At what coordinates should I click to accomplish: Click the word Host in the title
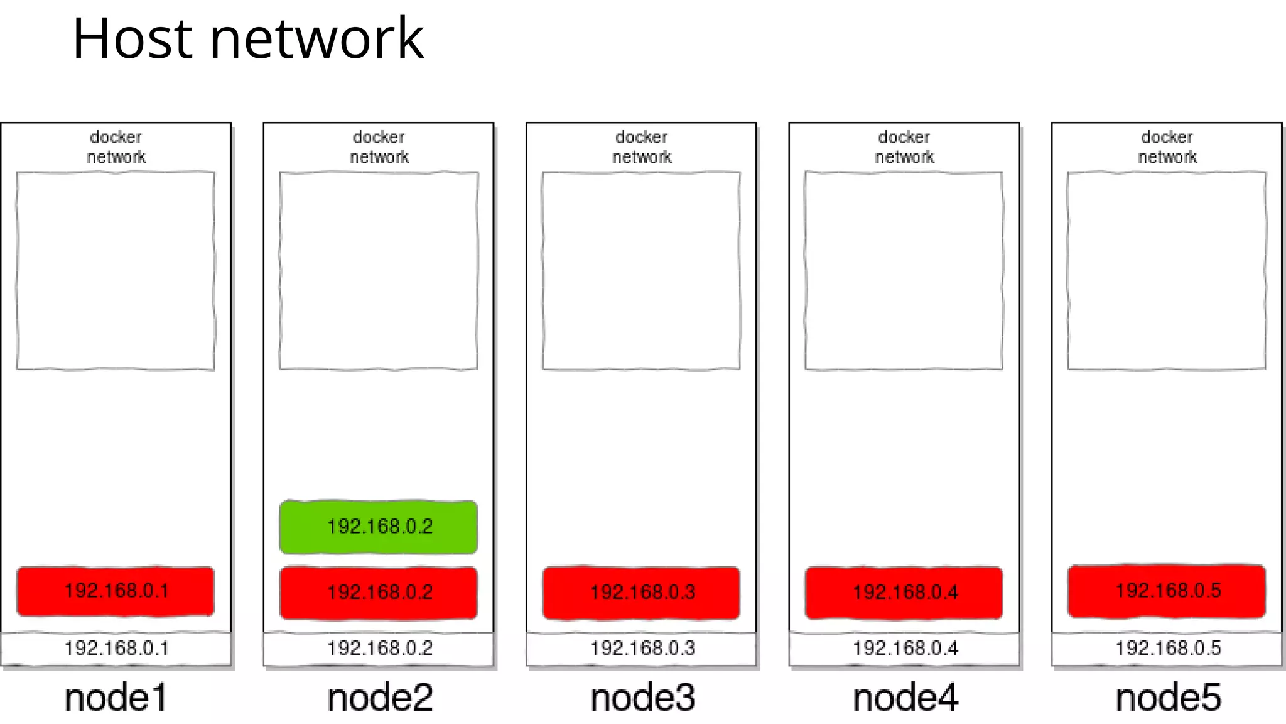coord(132,39)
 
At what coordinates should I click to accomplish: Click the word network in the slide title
coord(316,39)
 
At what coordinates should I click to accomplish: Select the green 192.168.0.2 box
coord(379,527)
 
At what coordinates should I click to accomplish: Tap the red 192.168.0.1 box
coord(116,591)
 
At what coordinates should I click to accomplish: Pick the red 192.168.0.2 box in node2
coord(379,592)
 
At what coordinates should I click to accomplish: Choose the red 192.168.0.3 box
coord(642,592)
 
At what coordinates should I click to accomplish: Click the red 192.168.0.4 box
coord(904,592)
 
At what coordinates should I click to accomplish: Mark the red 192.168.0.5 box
coord(1167,591)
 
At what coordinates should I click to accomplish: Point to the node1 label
coord(116,698)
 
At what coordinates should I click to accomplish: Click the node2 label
coord(380,698)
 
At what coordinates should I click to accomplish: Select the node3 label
coord(642,698)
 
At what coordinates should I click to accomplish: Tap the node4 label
coord(905,698)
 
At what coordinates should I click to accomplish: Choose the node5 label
coord(1168,698)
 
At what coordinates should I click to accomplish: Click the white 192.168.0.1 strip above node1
coord(116,648)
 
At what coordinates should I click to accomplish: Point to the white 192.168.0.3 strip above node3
coord(642,648)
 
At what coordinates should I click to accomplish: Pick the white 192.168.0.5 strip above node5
coord(1167,648)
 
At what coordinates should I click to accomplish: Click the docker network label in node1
coord(116,147)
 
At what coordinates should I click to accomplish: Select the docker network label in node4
coord(904,147)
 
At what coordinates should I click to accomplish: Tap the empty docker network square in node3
coord(641,270)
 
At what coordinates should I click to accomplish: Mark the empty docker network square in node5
coord(1167,270)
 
